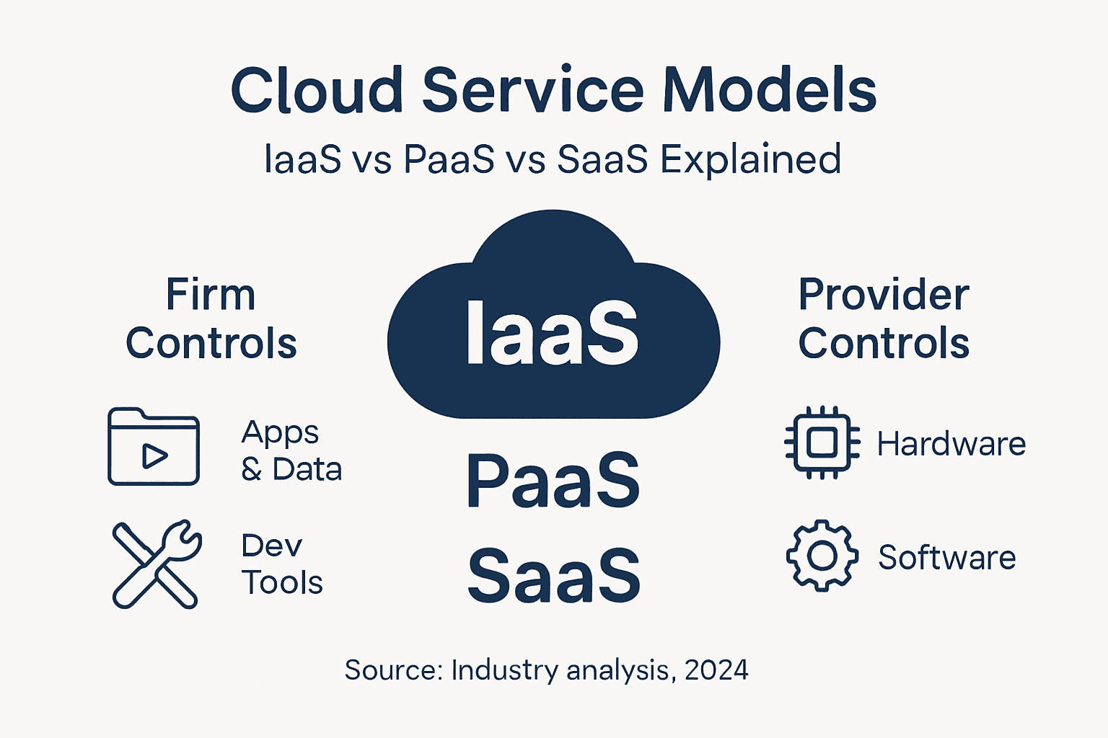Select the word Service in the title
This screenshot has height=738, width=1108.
[x=532, y=91]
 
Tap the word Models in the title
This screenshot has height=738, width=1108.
[x=769, y=91]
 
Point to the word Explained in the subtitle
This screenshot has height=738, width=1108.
[x=750, y=159]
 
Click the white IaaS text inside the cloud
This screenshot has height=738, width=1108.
[x=552, y=333]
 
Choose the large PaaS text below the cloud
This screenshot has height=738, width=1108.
[x=553, y=481]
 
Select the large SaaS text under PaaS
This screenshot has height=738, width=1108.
[x=553, y=576]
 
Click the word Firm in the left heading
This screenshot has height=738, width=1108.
[x=211, y=295]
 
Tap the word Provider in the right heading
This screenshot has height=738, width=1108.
[x=883, y=295]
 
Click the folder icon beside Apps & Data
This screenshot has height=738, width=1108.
[x=154, y=447]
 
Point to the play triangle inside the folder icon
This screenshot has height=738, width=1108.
[x=154, y=456]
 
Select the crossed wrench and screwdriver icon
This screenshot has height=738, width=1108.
[x=157, y=564]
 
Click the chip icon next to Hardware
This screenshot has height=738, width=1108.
[x=822, y=443]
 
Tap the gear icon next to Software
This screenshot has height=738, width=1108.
[x=822, y=556]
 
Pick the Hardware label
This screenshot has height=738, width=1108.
[x=951, y=444]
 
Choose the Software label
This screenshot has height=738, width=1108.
[x=946, y=558]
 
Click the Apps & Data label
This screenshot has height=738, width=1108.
[x=291, y=451]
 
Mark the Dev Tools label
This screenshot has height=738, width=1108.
[x=281, y=564]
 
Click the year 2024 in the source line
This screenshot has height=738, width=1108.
[x=716, y=670]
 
